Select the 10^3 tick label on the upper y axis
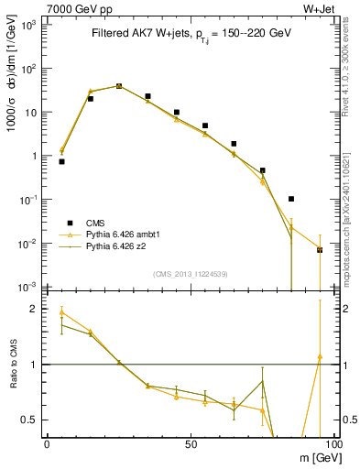coord(29,25)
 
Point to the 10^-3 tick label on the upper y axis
coord(29,287)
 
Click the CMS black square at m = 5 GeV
coord(61,161)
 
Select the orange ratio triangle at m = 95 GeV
coord(320,356)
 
